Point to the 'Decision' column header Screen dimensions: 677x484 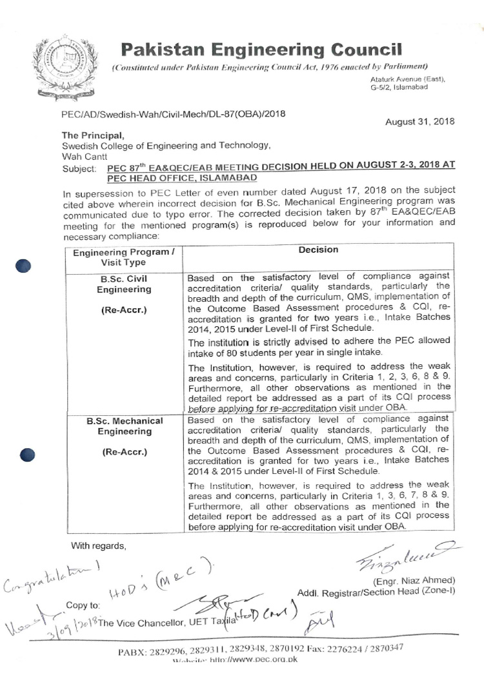[x=318, y=250]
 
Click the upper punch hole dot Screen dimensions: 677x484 [x=23, y=266]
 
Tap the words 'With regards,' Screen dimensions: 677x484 [x=98, y=546]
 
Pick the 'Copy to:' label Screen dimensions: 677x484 [x=83, y=605]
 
